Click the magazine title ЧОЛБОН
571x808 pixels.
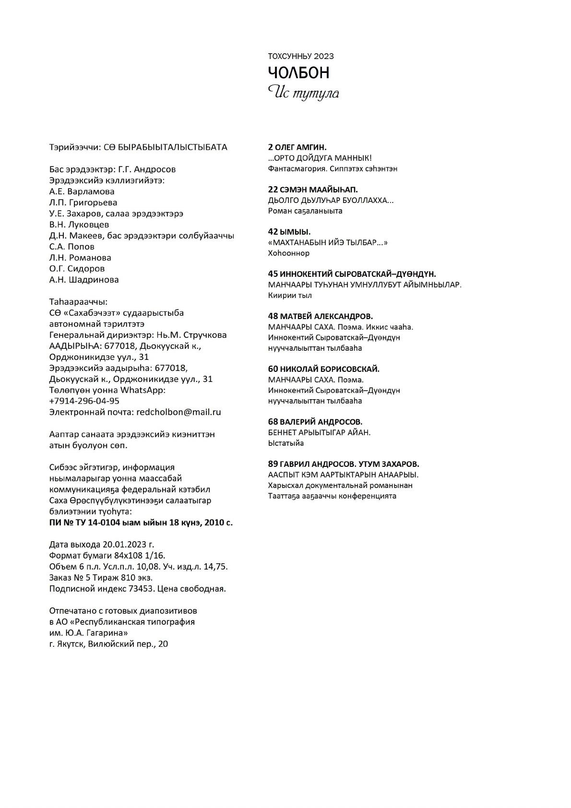point(298,73)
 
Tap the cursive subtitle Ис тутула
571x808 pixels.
point(303,92)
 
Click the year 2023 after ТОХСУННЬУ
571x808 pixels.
point(324,56)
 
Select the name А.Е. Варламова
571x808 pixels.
point(82,191)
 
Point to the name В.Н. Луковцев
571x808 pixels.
point(79,225)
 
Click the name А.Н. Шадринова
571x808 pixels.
point(84,280)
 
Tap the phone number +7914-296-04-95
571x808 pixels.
point(84,401)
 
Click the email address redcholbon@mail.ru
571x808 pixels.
point(178,412)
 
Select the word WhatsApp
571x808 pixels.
point(143,390)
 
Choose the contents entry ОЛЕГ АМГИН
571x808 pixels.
point(301,147)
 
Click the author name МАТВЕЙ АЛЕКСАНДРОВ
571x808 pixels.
point(327,316)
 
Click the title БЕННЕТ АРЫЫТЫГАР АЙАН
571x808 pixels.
point(319,432)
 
